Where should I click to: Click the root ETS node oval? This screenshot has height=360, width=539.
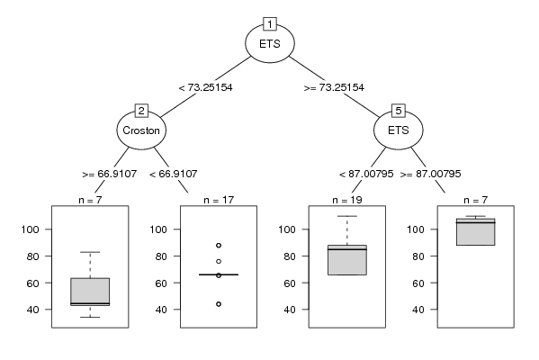click(270, 43)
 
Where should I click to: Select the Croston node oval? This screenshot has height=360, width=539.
click(141, 130)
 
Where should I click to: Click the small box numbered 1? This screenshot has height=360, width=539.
click(270, 24)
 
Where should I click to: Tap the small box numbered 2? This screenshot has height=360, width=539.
click(141, 111)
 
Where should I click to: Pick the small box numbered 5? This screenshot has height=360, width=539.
click(399, 111)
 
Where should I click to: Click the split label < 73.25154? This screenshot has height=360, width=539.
click(205, 87)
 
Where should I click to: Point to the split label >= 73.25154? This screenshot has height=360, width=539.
click(334, 87)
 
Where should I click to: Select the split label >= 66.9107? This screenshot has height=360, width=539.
click(109, 174)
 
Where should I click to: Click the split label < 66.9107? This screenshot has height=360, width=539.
click(174, 174)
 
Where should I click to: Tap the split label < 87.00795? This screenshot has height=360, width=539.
click(366, 174)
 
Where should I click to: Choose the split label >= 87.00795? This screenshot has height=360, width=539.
click(430, 174)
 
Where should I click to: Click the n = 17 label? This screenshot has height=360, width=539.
click(219, 200)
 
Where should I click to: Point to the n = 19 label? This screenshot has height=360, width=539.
click(347, 200)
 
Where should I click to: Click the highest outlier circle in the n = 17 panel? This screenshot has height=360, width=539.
click(219, 245)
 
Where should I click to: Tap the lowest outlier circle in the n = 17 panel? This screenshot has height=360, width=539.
click(219, 304)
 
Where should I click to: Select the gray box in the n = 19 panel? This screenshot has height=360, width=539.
click(347, 260)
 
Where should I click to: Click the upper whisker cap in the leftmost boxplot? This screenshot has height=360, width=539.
click(90, 252)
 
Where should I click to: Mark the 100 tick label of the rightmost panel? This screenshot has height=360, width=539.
click(418, 229)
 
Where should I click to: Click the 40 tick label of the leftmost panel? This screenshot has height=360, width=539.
click(32, 310)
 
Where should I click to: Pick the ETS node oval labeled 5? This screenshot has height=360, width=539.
click(399, 130)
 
